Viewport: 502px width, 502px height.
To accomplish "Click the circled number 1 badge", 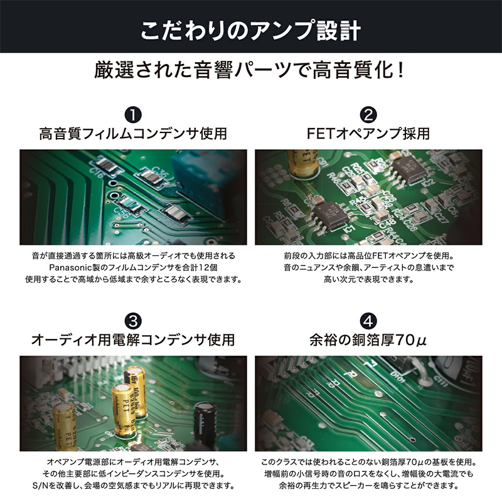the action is tap(133, 115).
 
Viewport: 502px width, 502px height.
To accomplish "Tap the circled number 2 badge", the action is tap(368, 115).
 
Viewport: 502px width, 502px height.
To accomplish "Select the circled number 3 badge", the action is tap(133, 321).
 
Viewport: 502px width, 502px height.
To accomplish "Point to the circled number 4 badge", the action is tap(368, 321).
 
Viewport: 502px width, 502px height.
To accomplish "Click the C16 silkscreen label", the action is tap(97, 173).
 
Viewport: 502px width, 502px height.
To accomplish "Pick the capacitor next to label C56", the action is tap(131, 205).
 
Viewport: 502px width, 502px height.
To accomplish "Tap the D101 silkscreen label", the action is tap(398, 377).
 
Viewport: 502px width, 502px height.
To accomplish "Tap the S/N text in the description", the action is tap(40, 486).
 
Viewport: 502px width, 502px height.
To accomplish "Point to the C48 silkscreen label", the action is tap(384, 223).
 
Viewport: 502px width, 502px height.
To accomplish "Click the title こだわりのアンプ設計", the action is tap(250, 31).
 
